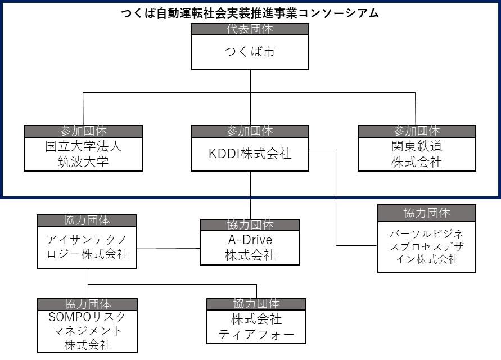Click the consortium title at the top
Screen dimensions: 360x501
[x=250, y=13]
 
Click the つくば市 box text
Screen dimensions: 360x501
[x=250, y=52]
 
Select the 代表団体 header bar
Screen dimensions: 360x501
[x=250, y=29]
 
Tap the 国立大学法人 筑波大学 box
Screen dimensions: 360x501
[x=83, y=154]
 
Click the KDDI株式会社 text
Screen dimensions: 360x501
[x=250, y=154]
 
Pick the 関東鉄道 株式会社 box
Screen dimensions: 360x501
[x=417, y=154]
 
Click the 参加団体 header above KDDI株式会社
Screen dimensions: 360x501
[x=250, y=131]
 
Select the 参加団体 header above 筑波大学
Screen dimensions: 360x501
[x=83, y=131]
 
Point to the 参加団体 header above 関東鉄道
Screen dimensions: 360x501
[x=417, y=131]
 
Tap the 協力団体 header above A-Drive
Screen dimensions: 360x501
[x=250, y=225]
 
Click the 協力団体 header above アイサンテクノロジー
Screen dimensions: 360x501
[x=87, y=220]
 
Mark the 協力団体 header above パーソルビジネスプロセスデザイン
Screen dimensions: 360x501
[x=427, y=213]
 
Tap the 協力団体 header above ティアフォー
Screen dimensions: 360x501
[x=256, y=304]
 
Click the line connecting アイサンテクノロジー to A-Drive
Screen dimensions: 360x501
[x=169, y=247]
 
